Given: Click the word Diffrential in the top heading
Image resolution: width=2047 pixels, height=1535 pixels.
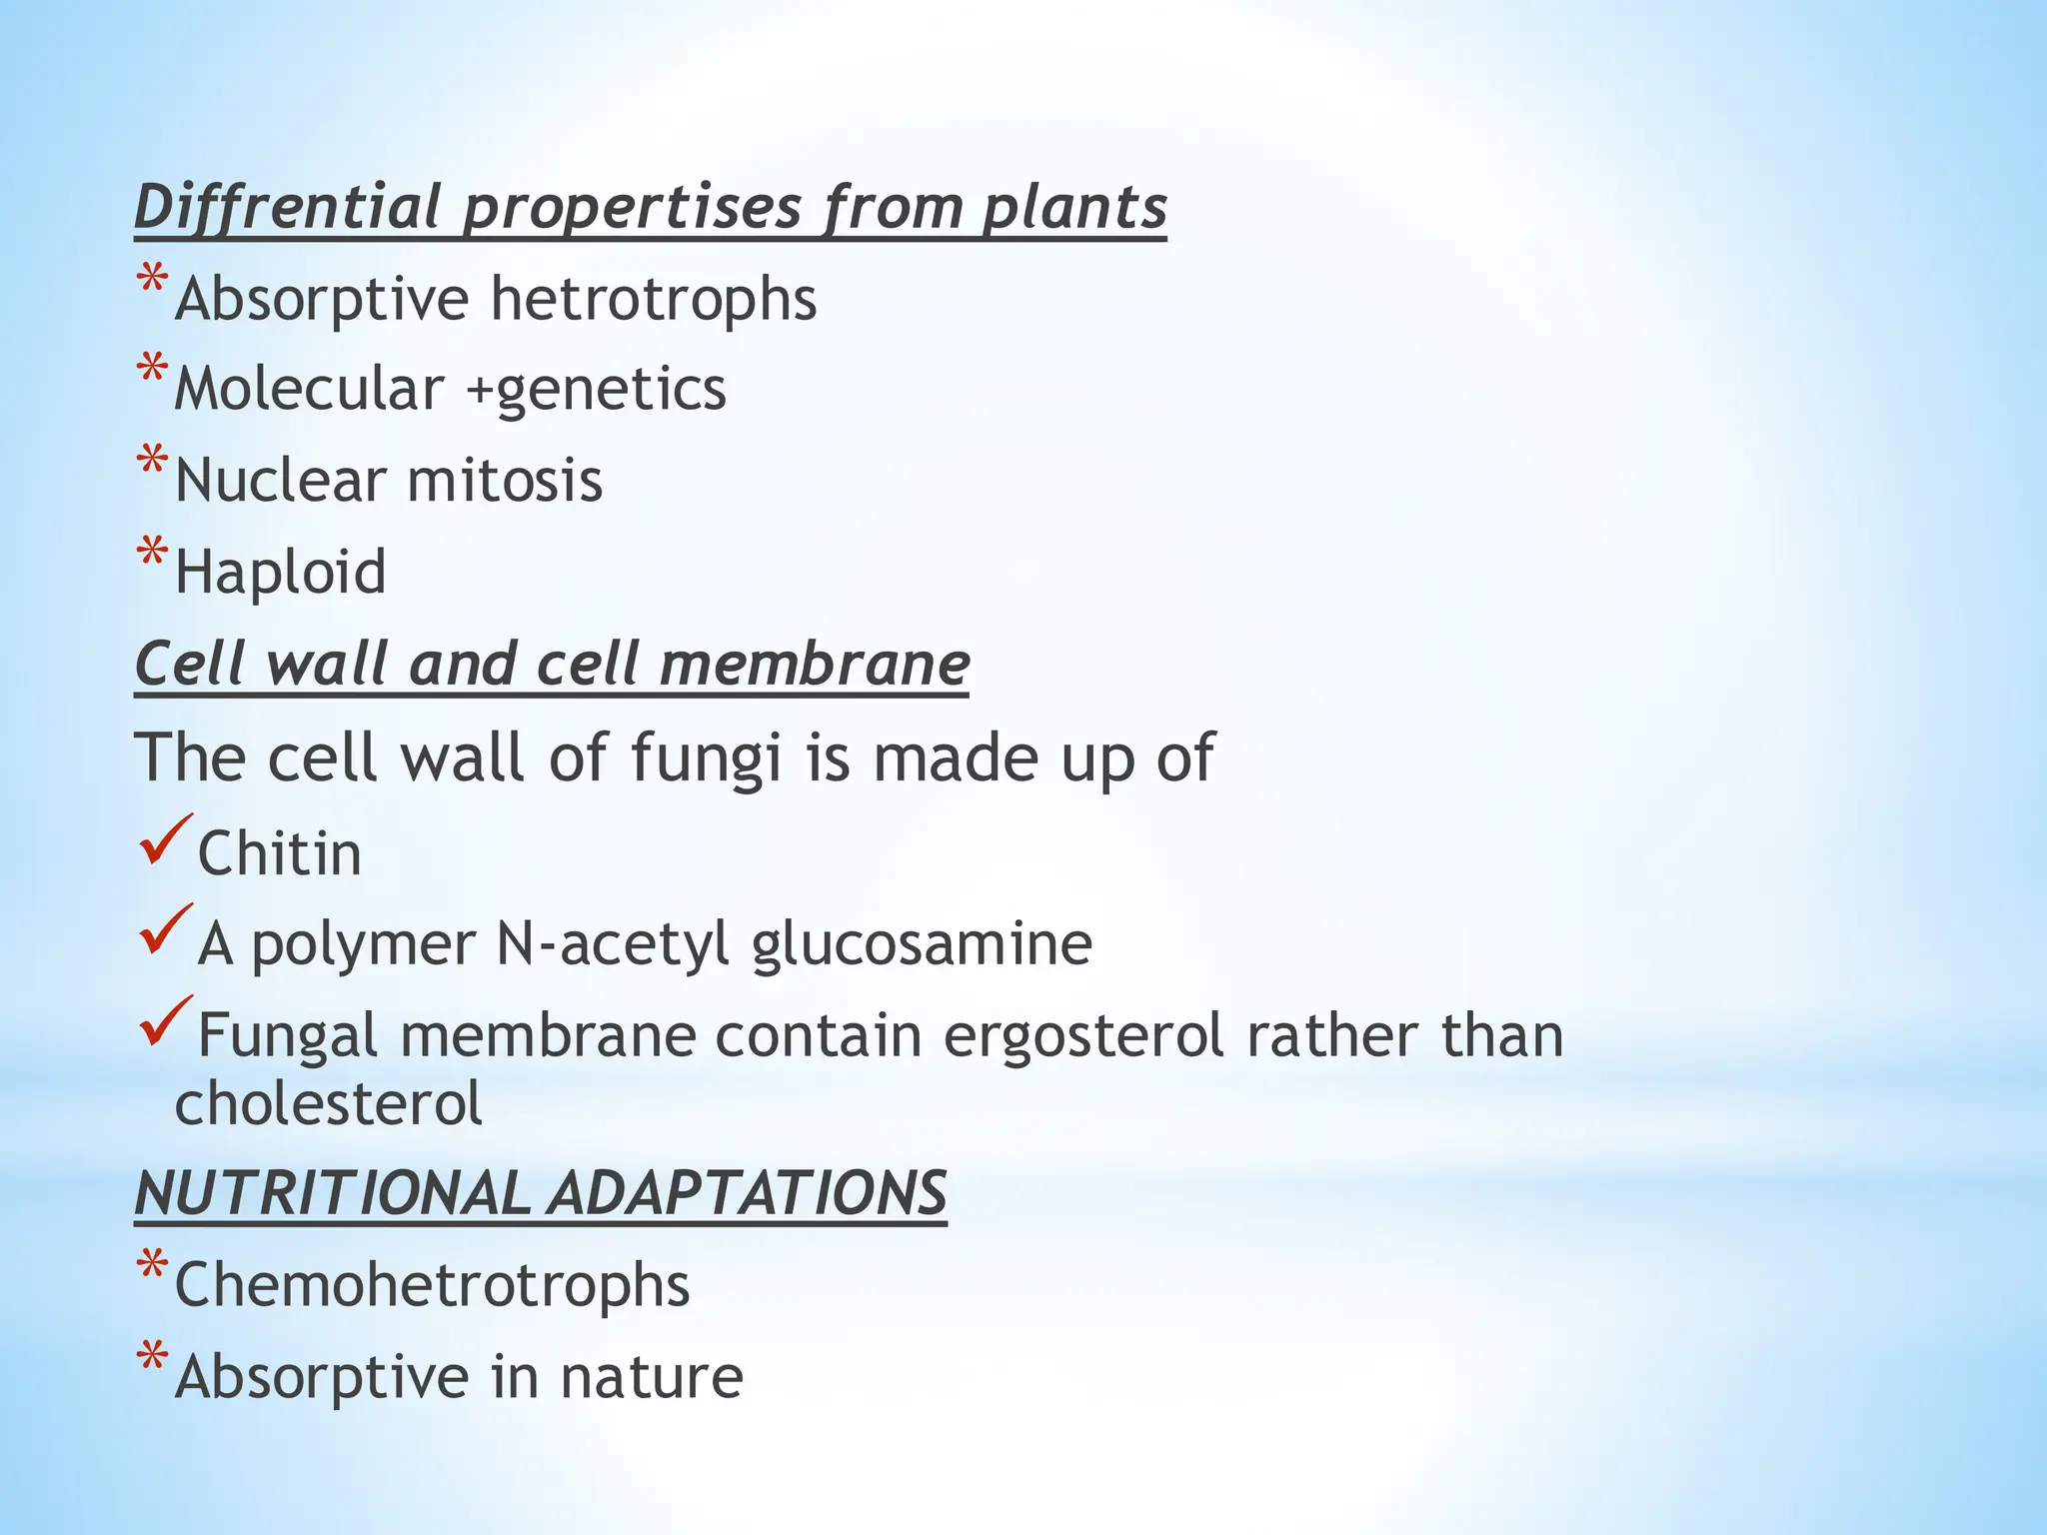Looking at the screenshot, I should (287, 207).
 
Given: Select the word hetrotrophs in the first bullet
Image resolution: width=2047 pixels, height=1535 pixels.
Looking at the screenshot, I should (654, 299).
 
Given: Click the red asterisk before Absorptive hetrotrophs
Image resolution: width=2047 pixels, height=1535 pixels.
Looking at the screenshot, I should (152, 281).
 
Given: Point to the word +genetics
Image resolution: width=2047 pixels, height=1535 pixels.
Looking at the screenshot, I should (597, 389).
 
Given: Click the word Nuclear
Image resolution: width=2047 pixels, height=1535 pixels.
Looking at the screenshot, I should (281, 481).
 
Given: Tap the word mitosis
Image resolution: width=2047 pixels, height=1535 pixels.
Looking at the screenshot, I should (505, 481).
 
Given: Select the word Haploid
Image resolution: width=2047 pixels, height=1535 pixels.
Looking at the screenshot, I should (281, 573).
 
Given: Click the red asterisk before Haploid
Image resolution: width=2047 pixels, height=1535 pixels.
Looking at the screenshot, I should (152, 554).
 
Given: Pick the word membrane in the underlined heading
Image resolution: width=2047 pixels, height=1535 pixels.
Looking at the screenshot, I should (814, 665).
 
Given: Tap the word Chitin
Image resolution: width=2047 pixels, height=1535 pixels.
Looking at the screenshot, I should (280, 854).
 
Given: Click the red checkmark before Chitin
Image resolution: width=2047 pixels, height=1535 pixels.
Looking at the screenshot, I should (166, 839).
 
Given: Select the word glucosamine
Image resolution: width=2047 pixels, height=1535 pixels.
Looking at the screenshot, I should (922, 944).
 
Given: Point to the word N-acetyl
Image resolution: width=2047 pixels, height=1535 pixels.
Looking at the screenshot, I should (613, 944).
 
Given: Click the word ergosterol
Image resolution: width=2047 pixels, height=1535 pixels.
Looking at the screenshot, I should (1083, 1036).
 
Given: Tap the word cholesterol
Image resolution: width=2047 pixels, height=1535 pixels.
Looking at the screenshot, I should (329, 1104).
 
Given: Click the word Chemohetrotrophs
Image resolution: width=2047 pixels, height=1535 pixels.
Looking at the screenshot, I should (432, 1285).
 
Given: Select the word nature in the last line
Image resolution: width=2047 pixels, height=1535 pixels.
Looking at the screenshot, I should (652, 1377).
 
